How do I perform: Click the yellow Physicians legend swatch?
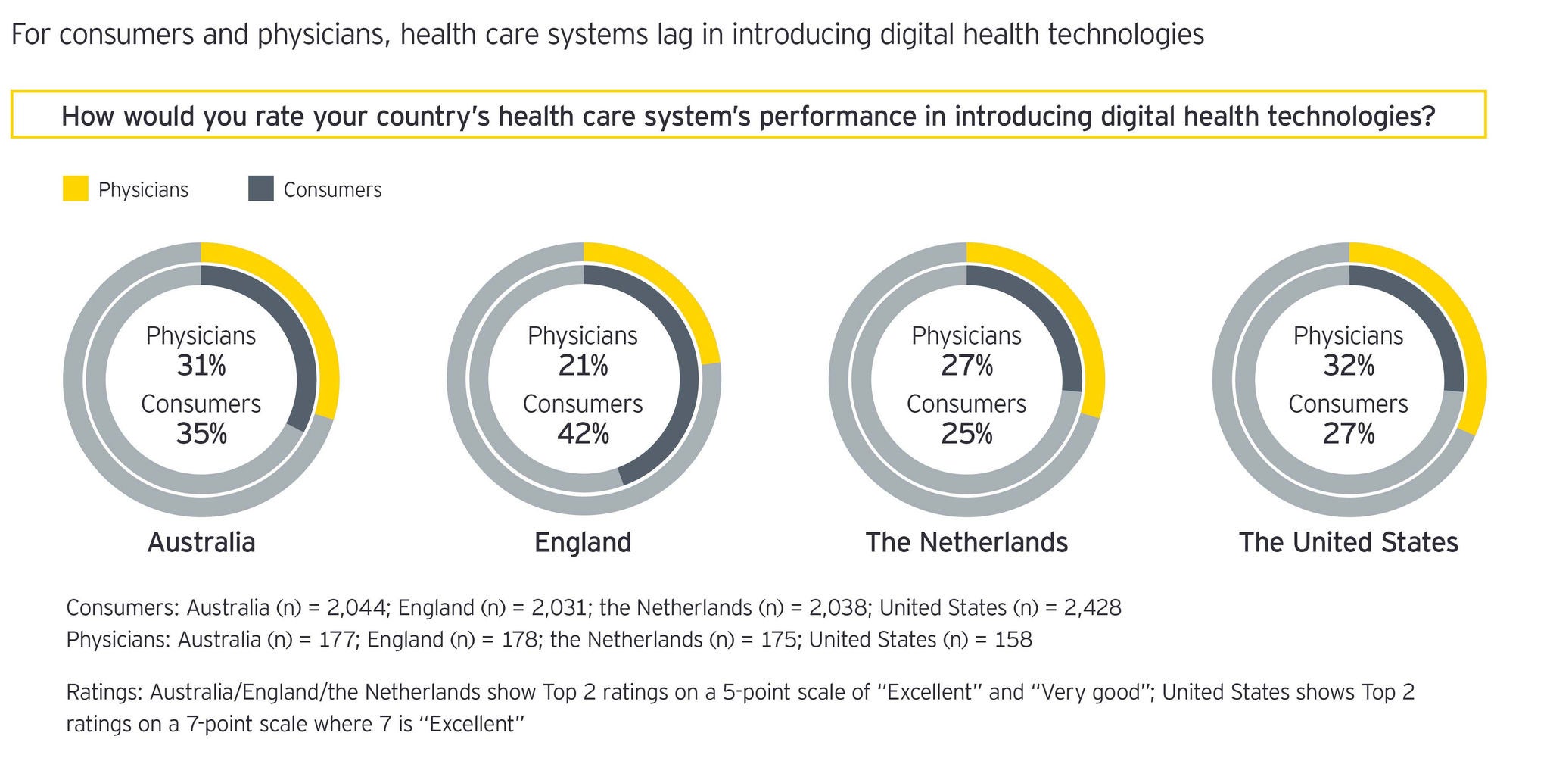[x=75, y=189]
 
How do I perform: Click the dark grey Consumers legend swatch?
[x=260, y=189]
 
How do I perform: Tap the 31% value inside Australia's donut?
[x=201, y=366]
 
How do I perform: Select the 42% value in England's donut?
[x=583, y=434]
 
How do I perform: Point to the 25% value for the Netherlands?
[x=966, y=434]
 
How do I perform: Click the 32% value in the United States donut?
[x=1349, y=366]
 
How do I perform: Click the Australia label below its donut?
[x=201, y=542]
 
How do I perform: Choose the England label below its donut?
[x=583, y=542]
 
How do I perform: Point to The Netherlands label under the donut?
[x=966, y=542]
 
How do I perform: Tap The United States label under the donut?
[x=1349, y=542]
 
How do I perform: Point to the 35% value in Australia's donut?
[x=201, y=434]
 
